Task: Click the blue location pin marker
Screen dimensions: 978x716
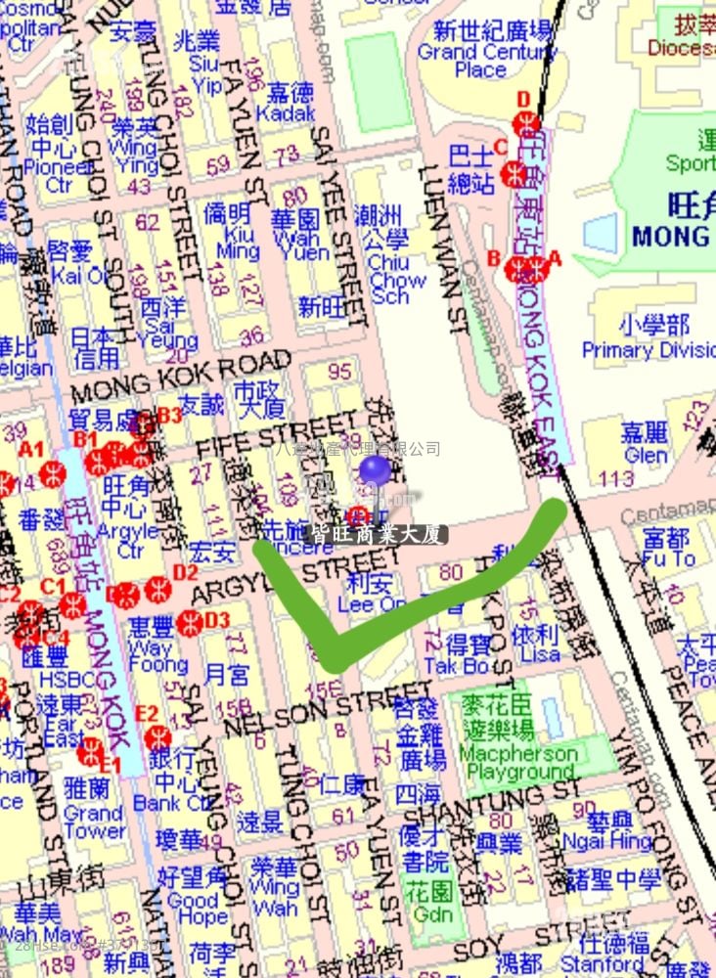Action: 374,469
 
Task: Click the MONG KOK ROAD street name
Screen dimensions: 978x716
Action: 181,377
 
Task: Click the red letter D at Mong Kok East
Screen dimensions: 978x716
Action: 522,98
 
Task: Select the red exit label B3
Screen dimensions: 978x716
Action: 169,416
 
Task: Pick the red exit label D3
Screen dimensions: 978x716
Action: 216,619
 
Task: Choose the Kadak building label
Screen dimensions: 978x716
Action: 291,102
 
